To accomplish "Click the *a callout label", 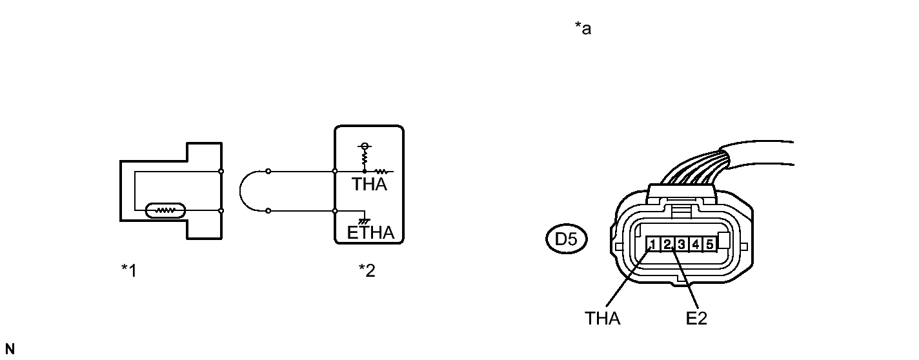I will [x=582, y=29].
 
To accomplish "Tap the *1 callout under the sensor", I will [x=128, y=270].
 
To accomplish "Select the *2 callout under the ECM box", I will [x=367, y=270].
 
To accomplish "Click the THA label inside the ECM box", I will [x=369, y=185].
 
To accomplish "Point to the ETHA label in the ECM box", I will [x=370, y=233].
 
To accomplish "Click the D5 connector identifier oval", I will [x=566, y=240].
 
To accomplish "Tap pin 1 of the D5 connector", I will [x=653, y=244].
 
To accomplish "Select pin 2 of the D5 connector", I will [x=667, y=244].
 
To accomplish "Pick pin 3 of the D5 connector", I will [x=682, y=244].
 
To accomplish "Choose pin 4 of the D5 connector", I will [x=695, y=244].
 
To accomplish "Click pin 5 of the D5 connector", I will [x=709, y=244].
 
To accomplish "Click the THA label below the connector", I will [x=603, y=319].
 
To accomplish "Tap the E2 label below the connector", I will [x=697, y=319].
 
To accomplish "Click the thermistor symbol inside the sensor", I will [x=166, y=210].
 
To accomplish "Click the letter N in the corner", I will [x=9, y=350].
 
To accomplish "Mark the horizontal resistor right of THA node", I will [x=380, y=172].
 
